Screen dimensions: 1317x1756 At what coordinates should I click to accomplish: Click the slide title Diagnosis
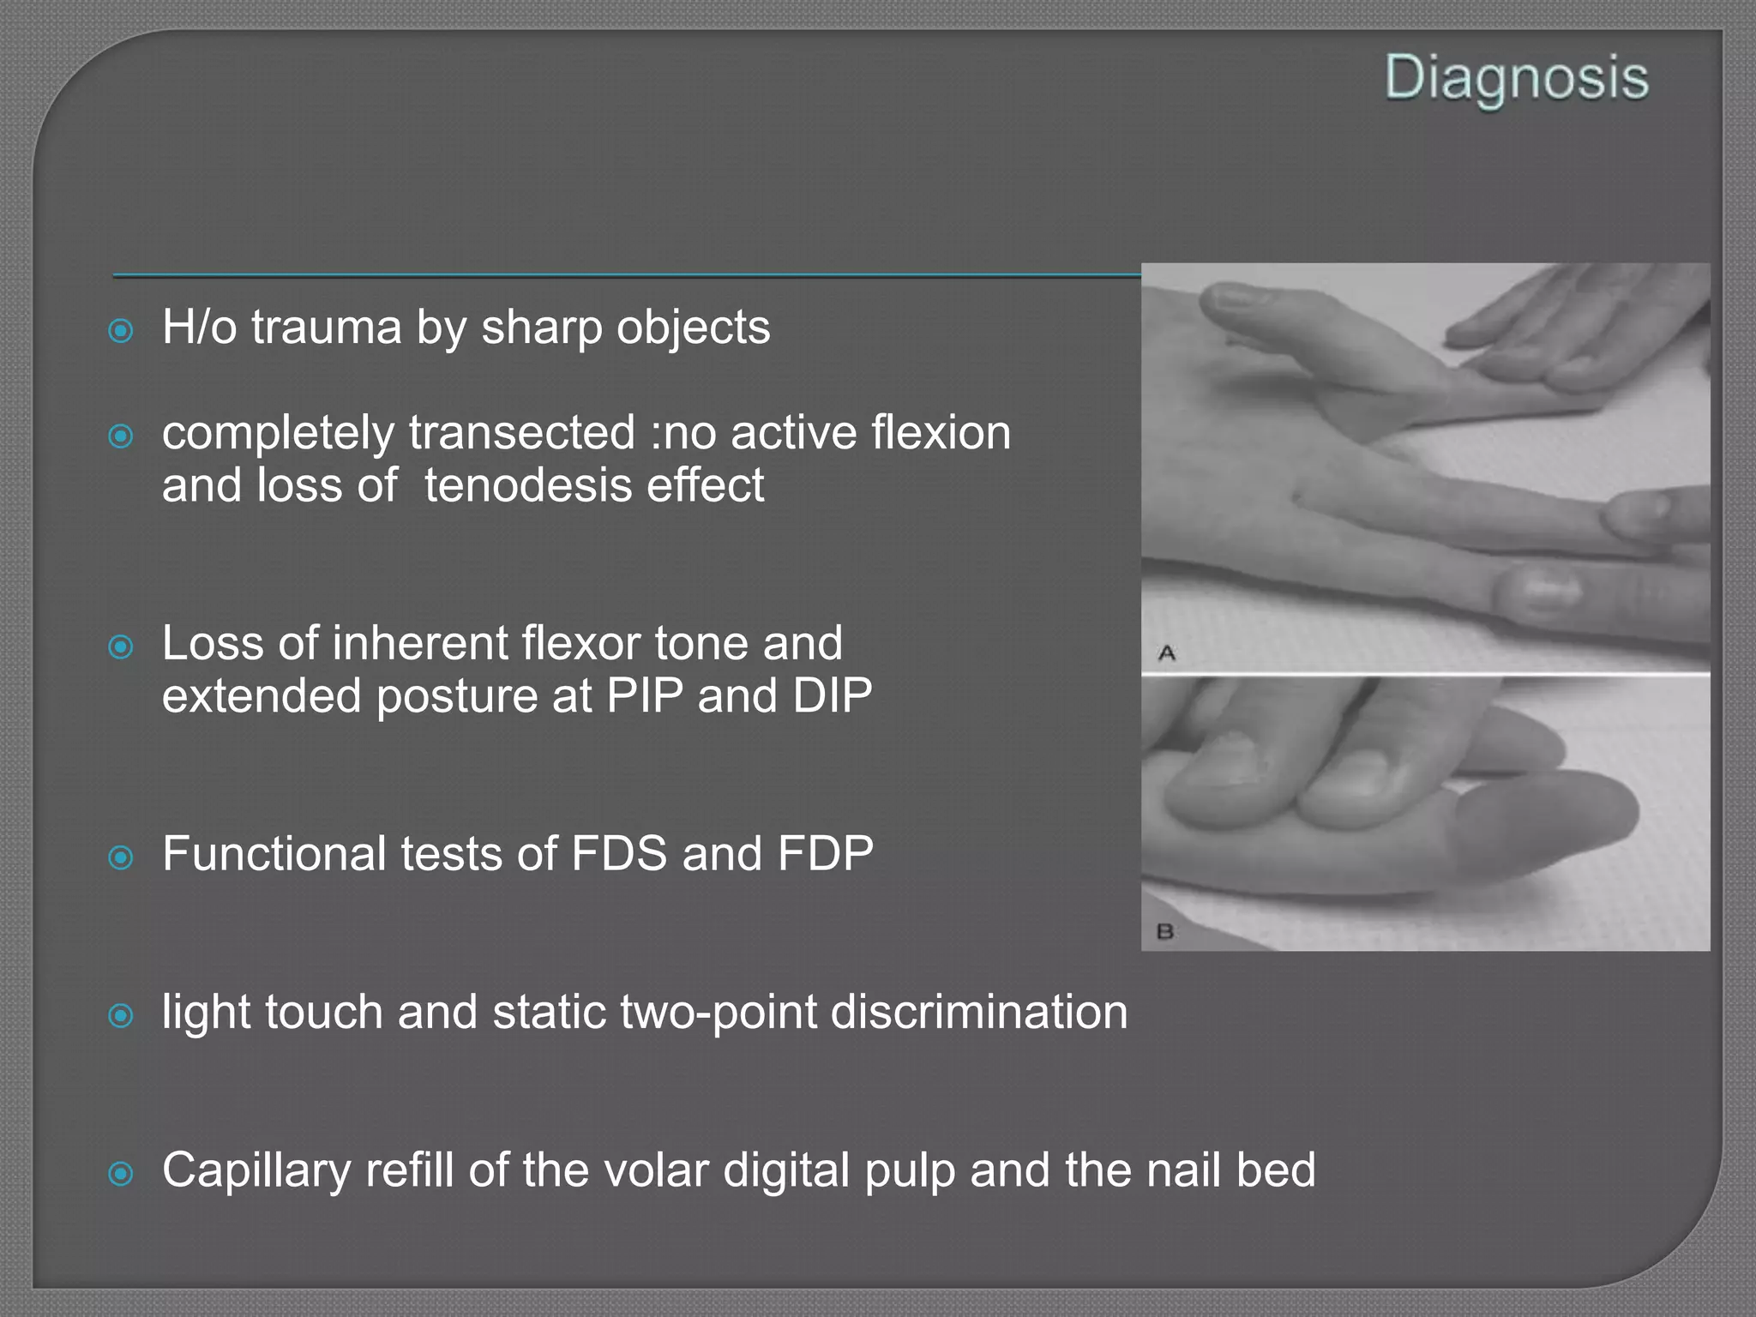point(1516,79)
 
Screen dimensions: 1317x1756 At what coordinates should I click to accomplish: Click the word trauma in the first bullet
point(327,328)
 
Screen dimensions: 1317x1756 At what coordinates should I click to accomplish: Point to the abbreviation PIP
point(644,695)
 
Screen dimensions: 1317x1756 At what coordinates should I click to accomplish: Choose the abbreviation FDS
point(618,854)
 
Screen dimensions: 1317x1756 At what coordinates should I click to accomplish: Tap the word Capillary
point(256,1171)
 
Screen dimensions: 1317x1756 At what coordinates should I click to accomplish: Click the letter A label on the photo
point(1166,653)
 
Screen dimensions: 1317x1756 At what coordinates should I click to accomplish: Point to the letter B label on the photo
point(1165,930)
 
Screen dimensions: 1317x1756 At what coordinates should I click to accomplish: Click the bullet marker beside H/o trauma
point(122,331)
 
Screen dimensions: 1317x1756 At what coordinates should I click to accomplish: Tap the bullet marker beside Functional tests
point(122,857)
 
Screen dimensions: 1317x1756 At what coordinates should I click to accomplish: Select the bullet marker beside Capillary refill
point(122,1174)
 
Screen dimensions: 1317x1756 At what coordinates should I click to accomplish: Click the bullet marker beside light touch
point(122,1016)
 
